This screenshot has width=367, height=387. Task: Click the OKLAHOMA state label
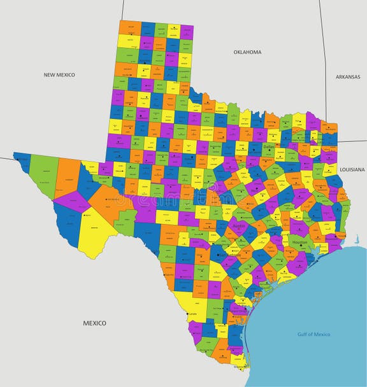(x=247, y=52)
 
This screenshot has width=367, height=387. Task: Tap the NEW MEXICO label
(x=59, y=74)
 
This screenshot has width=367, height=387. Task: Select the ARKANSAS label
(x=349, y=76)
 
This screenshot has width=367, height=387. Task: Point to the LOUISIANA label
(x=352, y=170)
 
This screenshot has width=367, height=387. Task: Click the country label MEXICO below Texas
(x=94, y=323)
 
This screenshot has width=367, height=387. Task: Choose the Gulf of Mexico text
(x=313, y=334)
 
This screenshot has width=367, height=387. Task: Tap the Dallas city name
(x=270, y=146)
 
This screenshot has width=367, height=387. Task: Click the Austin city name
(x=238, y=225)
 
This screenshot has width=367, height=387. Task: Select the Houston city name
(x=299, y=243)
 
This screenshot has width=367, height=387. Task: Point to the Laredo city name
(x=193, y=314)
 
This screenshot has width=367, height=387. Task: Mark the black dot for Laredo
(x=187, y=313)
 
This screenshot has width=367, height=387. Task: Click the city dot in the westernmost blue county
(x=23, y=160)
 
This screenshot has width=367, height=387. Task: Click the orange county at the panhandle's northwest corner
(x=129, y=27)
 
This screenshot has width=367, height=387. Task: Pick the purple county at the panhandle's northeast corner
(x=187, y=31)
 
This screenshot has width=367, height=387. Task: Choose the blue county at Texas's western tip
(x=23, y=162)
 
